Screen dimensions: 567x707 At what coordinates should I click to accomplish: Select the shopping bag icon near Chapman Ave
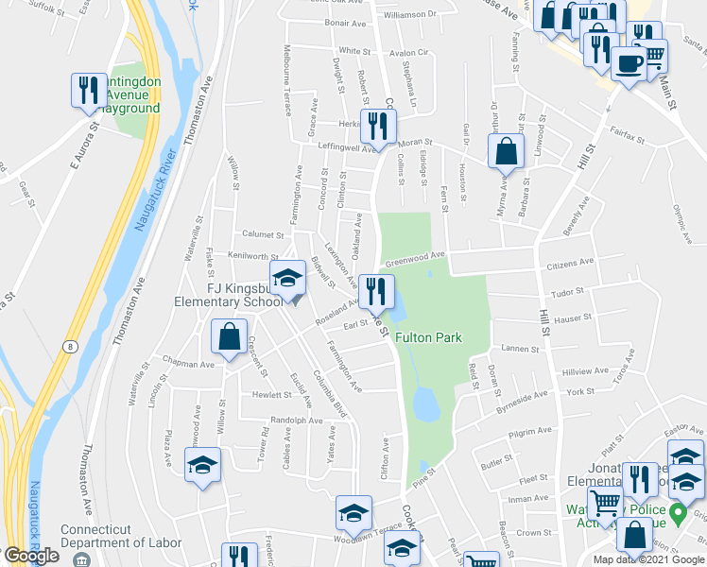click(230, 335)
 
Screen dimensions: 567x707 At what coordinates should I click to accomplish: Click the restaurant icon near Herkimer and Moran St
click(378, 126)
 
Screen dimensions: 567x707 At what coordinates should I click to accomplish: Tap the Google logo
click(30, 556)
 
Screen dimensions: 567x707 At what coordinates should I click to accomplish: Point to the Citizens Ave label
click(572, 262)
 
